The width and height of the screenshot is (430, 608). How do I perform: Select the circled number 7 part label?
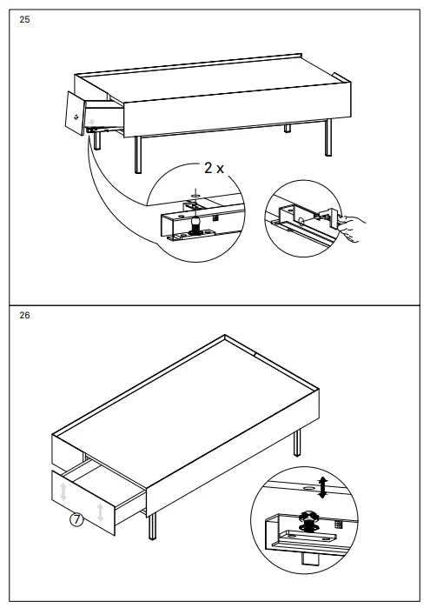tap(76, 519)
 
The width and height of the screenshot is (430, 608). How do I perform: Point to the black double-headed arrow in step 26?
tap(323, 487)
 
